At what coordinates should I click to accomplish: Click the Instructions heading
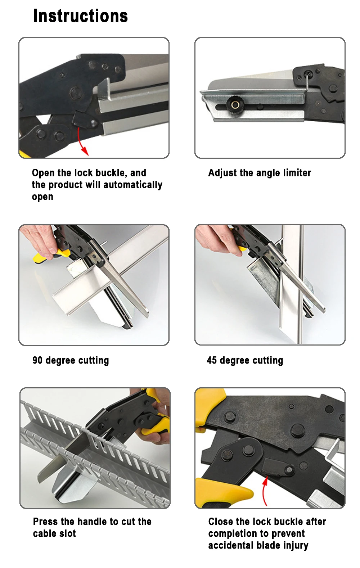(x=81, y=16)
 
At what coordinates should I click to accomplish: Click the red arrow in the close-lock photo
(x=265, y=491)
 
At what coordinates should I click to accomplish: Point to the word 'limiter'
(x=297, y=173)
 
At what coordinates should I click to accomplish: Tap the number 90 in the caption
(x=37, y=360)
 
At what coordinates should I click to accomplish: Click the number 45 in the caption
(x=212, y=360)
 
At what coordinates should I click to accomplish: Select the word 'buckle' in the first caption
(x=110, y=173)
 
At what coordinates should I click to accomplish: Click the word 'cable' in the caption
(x=44, y=533)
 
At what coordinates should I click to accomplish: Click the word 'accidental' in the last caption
(x=230, y=545)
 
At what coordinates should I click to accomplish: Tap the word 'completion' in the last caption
(x=235, y=534)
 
